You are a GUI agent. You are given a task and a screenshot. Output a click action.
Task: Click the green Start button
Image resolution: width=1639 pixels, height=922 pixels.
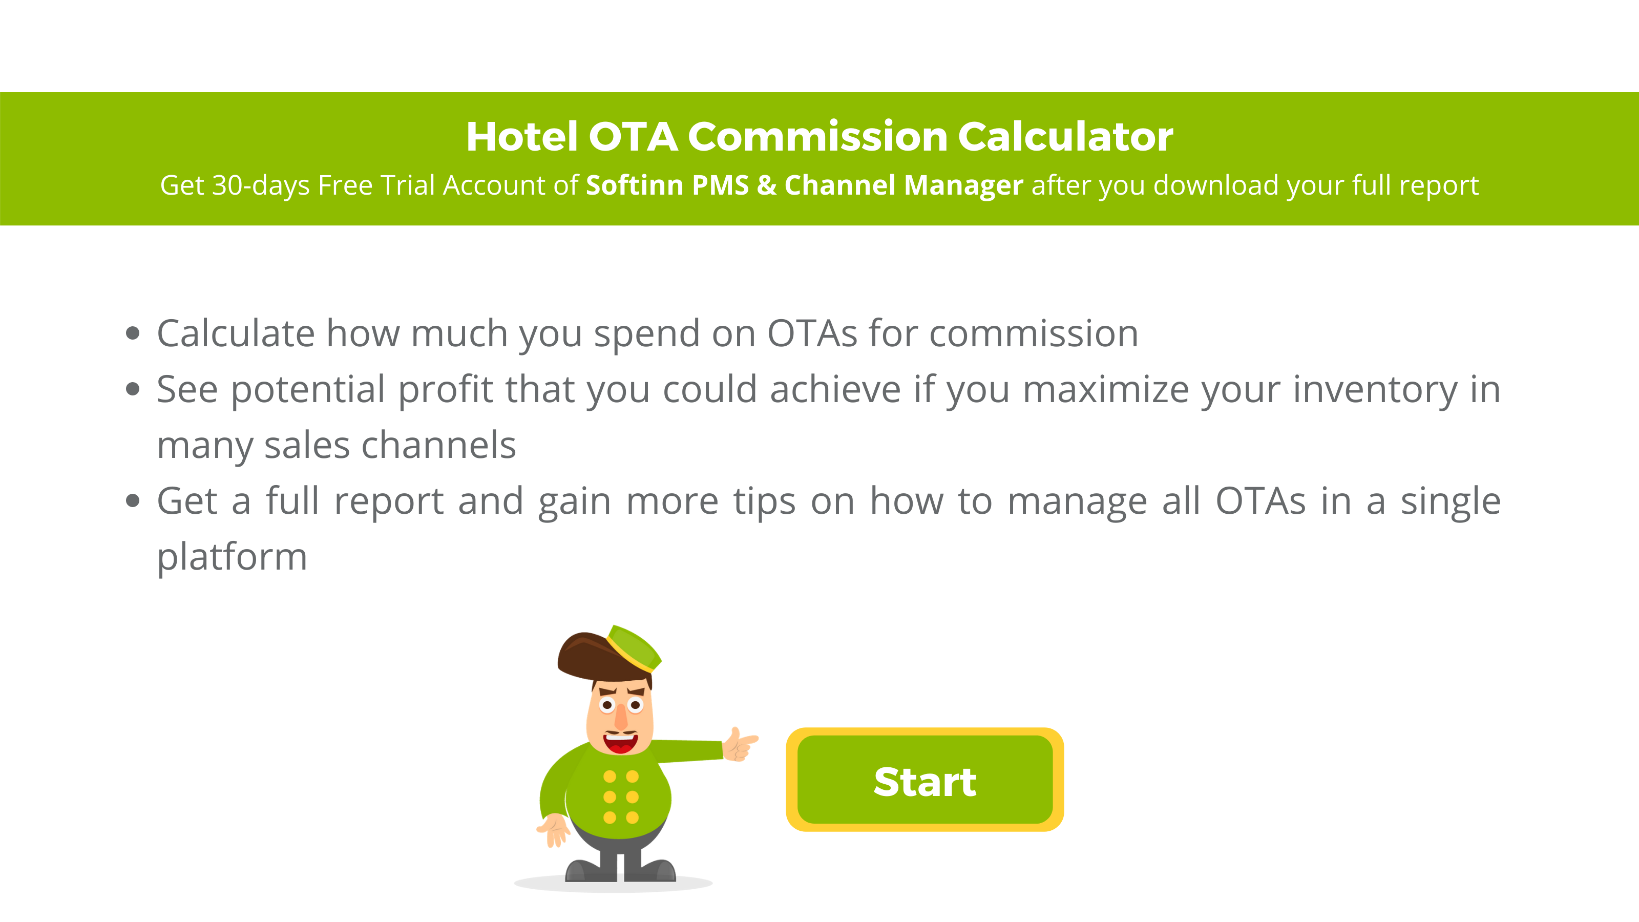pos(924,780)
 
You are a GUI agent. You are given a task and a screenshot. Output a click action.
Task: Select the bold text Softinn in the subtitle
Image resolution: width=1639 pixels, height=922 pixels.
pos(635,185)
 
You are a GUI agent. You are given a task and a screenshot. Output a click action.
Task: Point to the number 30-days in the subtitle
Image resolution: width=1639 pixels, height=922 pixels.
pos(260,185)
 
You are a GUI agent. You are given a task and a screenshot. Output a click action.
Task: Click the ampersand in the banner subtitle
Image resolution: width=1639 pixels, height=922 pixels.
pos(766,185)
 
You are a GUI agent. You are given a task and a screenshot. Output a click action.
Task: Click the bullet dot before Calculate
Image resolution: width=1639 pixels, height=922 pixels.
pos(132,333)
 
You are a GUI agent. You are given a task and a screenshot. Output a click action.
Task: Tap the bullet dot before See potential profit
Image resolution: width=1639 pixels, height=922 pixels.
pos(132,389)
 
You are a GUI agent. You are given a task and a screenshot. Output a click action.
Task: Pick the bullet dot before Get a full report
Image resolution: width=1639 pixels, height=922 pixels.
pos(132,501)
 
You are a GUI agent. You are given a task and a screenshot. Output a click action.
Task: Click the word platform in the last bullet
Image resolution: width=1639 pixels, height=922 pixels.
pos(232,557)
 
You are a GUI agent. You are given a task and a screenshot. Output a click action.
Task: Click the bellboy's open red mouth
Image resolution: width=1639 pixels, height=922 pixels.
pos(620,743)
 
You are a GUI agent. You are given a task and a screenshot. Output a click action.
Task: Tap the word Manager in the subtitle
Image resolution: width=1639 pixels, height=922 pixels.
pos(963,185)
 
